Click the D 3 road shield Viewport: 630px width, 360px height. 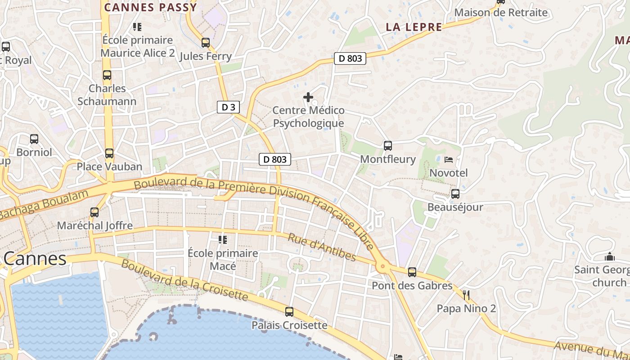(x=228, y=107)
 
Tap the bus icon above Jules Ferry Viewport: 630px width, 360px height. (x=206, y=43)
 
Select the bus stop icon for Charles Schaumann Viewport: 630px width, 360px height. (x=107, y=75)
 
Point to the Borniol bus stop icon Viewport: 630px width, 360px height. (x=34, y=139)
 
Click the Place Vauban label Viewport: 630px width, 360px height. (x=109, y=166)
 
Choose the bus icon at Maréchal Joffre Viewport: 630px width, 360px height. (x=94, y=212)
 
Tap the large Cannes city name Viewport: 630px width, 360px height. (x=35, y=259)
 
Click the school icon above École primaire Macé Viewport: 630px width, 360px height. (x=223, y=240)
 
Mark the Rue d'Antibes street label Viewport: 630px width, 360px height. (x=322, y=247)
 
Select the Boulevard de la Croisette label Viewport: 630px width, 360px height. (x=184, y=280)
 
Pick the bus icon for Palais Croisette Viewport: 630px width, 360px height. (x=289, y=311)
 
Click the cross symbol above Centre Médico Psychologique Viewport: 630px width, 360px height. (x=308, y=97)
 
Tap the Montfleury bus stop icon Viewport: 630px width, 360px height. (x=388, y=145)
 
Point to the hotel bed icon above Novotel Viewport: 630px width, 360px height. (x=449, y=159)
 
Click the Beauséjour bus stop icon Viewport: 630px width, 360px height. (x=455, y=194)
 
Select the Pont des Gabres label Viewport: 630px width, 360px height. (x=412, y=286)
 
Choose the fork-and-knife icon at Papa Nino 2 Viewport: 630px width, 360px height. (x=466, y=295)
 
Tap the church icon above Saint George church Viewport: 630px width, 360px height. (x=610, y=257)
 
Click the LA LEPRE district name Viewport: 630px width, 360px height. (x=414, y=27)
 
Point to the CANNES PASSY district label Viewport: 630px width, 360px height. (x=151, y=7)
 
